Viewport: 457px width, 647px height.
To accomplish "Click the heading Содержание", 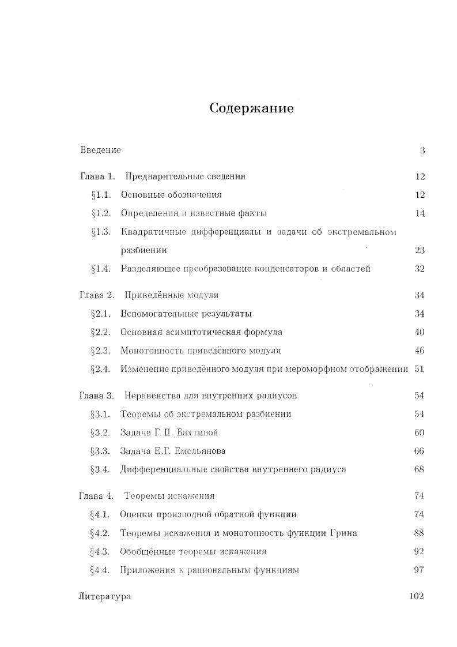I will (251, 108).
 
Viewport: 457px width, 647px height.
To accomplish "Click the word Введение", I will (100, 150).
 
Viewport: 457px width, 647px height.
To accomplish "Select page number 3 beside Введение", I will (422, 151).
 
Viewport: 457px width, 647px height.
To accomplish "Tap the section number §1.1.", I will (101, 195).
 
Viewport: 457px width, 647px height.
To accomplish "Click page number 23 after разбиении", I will (420, 250).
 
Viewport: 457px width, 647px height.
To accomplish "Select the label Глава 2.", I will (97, 295).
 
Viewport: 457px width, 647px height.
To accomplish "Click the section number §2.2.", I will (100, 332).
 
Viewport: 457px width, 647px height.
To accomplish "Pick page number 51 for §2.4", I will (419, 369).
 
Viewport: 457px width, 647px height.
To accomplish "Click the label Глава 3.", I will (96, 396).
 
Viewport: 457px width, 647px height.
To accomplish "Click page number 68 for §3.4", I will (419, 469).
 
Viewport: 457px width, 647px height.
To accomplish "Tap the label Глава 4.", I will (96, 496).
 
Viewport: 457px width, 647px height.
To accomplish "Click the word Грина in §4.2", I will (343, 533).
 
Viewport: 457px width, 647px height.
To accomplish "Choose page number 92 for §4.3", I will (419, 551).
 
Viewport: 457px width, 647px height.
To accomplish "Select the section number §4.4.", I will (100, 570).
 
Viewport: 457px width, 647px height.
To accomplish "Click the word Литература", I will (104, 596).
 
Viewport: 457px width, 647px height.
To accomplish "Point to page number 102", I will (416, 596).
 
